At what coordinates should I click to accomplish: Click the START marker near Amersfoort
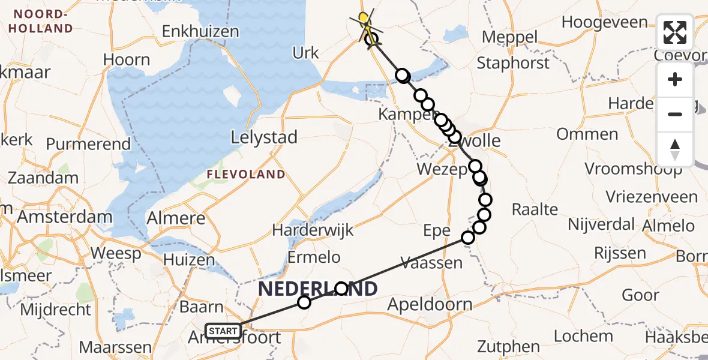click(x=223, y=331)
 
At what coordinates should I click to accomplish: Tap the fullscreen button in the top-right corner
click(x=675, y=32)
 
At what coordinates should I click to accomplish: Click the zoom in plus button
click(x=675, y=79)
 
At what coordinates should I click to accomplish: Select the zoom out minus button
click(x=675, y=114)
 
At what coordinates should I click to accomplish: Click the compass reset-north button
click(x=675, y=149)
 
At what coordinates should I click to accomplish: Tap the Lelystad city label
click(x=265, y=137)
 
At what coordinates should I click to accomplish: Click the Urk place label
click(x=305, y=53)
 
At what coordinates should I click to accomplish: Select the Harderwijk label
click(x=313, y=230)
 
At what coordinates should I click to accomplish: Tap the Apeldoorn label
click(x=430, y=304)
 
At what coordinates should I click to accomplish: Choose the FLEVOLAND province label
click(x=246, y=175)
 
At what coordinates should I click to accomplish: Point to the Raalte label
click(x=535, y=209)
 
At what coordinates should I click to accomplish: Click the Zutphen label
click(x=508, y=346)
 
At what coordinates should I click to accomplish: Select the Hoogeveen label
click(x=604, y=23)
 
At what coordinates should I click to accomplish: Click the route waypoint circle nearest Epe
click(x=468, y=237)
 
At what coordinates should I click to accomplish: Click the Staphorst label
click(x=513, y=62)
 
